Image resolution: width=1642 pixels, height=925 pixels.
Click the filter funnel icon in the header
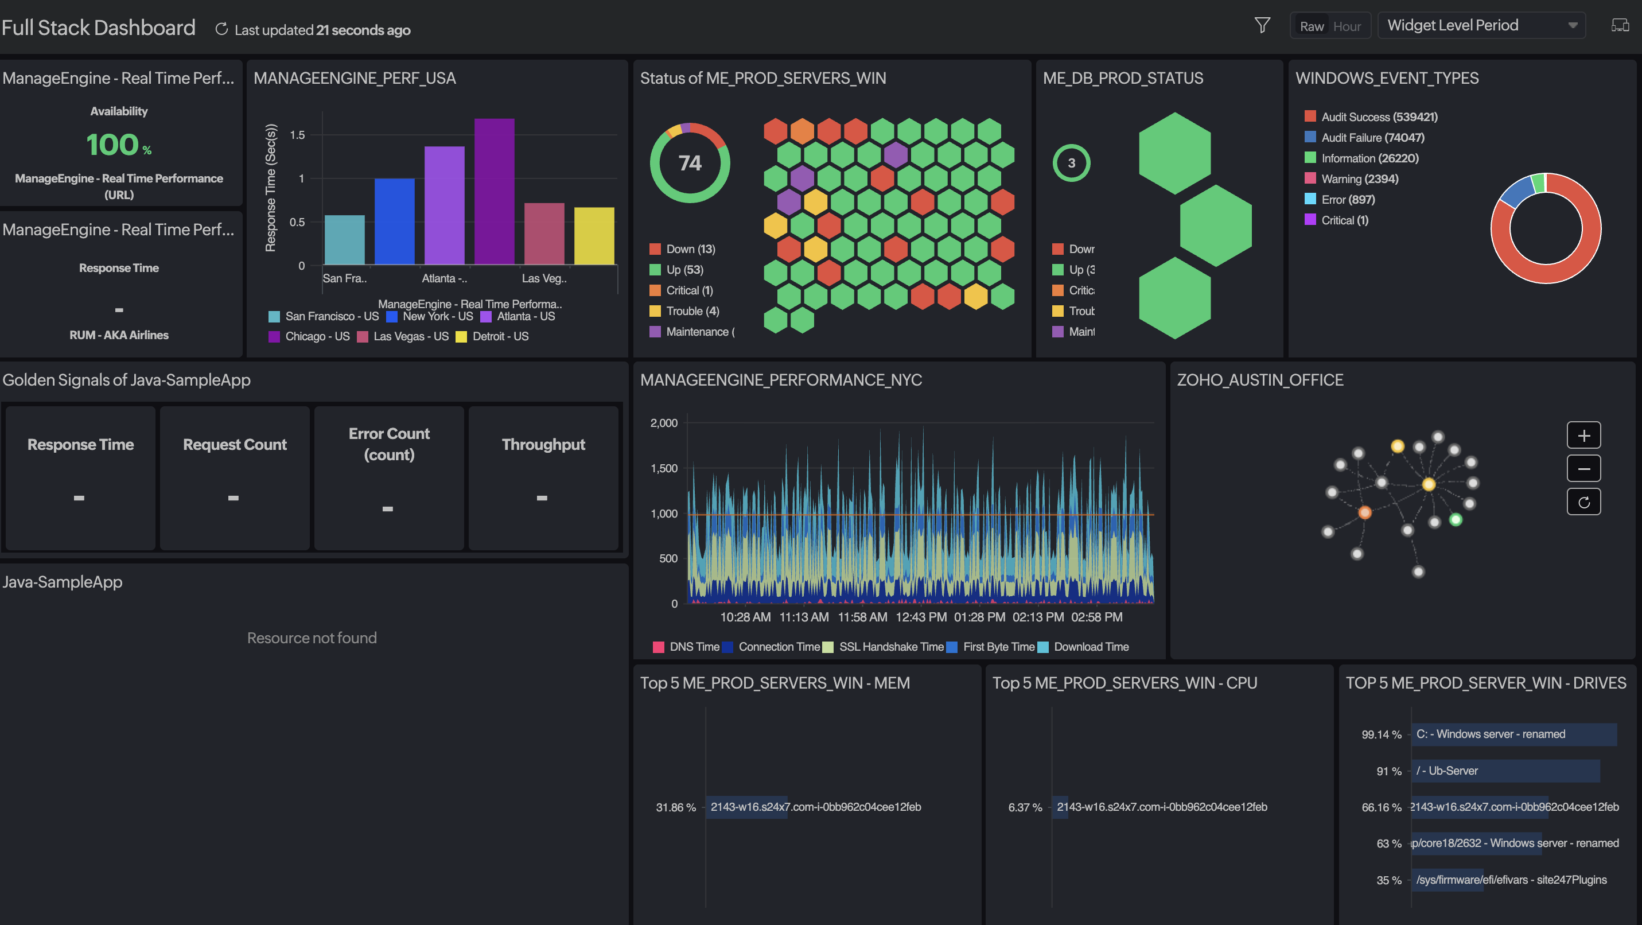pos(1262,25)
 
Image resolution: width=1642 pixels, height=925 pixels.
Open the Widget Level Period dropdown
pos(1481,25)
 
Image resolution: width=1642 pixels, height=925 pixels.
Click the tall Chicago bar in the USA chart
pos(494,191)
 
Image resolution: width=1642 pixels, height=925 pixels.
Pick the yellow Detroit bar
pos(593,235)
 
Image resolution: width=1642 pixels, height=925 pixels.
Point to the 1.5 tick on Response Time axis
pos(297,135)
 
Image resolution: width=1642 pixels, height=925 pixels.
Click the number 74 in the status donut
pos(690,163)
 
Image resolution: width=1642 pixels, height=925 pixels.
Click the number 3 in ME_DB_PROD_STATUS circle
pos(1072,163)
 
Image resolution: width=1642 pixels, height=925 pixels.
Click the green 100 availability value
pos(113,145)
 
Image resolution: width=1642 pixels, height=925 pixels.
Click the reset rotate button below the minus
pos(1583,502)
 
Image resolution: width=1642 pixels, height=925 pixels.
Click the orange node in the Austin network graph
pos(1365,512)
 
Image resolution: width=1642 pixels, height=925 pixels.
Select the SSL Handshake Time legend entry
pos(890,647)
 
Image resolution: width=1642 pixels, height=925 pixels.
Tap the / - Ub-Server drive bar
pos(1504,771)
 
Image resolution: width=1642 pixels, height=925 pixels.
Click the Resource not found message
pos(312,638)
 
